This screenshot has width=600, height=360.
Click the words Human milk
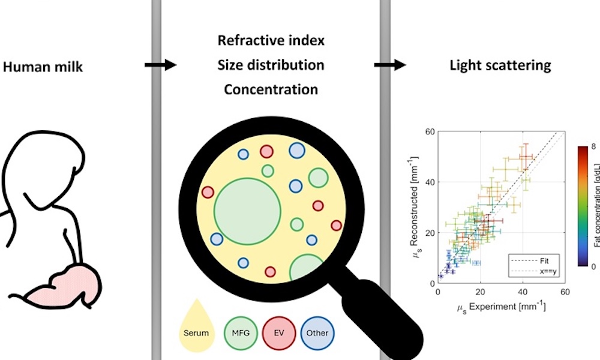(x=43, y=67)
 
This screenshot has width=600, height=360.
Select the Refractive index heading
(x=271, y=41)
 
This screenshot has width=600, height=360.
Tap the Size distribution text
(x=271, y=65)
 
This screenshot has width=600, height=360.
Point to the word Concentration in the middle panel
(x=271, y=89)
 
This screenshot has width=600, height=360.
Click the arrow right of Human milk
(x=160, y=64)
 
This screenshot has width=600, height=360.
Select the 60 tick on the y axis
(x=431, y=131)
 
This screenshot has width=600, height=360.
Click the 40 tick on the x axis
(x=522, y=292)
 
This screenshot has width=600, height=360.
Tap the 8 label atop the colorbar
(x=593, y=146)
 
